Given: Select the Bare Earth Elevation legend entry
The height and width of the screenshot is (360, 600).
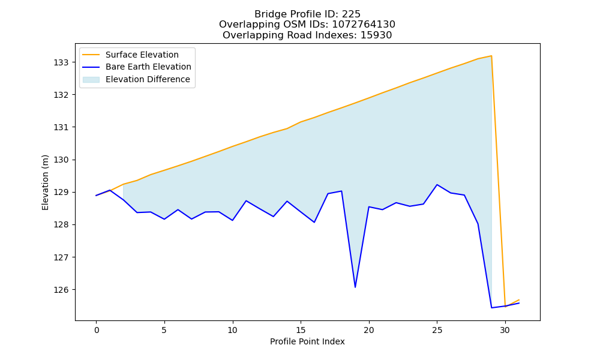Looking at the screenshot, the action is click(x=137, y=67).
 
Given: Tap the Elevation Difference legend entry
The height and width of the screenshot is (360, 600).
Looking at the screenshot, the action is click(x=136, y=80).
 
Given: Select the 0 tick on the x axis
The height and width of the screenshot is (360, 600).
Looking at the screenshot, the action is click(x=97, y=330).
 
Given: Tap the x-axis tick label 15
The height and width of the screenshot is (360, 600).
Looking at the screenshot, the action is click(x=301, y=330).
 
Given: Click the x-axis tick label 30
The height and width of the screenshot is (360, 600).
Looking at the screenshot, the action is click(x=505, y=330).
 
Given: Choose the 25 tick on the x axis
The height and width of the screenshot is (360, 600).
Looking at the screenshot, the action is click(x=437, y=330).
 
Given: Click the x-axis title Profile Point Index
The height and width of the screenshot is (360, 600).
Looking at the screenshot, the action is click(x=307, y=341).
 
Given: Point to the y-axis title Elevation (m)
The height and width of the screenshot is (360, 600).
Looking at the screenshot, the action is click(x=45, y=182).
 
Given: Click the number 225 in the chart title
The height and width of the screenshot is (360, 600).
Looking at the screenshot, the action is click(x=351, y=14).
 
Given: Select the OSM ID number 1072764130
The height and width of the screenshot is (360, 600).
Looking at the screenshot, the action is click(x=363, y=25).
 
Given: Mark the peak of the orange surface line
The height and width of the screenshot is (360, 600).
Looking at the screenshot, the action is click(x=491, y=56).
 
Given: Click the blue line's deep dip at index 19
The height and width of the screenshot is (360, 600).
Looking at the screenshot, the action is click(x=355, y=287).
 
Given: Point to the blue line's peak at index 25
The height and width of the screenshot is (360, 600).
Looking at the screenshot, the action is click(x=437, y=185).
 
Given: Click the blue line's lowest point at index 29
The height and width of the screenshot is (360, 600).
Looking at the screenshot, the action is click(x=491, y=308).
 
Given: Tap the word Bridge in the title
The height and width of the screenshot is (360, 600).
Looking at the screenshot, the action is click(x=268, y=14).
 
